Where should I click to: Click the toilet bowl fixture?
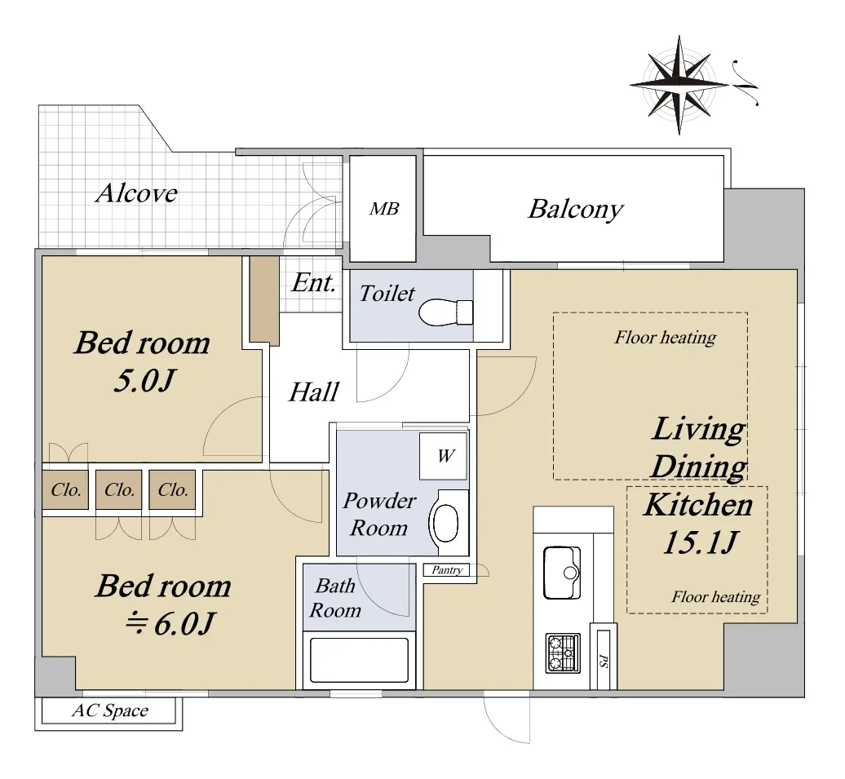(445, 312)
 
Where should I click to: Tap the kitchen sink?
(562, 573)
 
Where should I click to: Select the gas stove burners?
(563, 653)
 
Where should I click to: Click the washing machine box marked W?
(444, 456)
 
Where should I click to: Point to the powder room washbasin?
(446, 522)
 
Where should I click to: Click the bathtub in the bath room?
(359, 661)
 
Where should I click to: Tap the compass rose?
(679, 85)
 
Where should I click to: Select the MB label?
(384, 209)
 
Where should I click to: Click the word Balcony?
(575, 209)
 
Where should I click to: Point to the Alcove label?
(137, 193)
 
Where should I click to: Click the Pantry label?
(447, 570)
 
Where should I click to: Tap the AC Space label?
(110, 710)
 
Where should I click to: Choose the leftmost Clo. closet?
(66, 489)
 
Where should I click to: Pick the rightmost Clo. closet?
(172, 489)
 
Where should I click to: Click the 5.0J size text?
(144, 381)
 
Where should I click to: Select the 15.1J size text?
(700, 542)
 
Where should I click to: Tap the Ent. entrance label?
(314, 282)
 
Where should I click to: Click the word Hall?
(314, 392)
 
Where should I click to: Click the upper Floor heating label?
(666, 338)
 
